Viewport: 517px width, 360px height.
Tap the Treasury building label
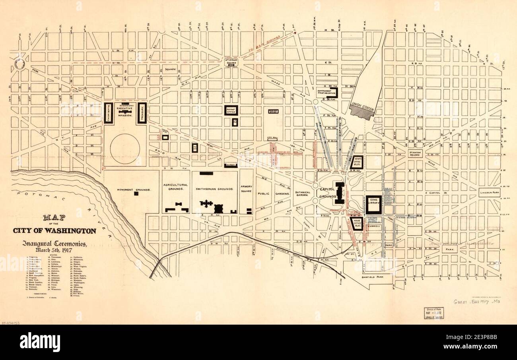142,113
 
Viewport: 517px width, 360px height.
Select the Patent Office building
230,110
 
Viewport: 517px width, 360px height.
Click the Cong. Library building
373,204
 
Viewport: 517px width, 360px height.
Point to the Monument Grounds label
134,190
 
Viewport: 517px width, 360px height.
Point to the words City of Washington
54,231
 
